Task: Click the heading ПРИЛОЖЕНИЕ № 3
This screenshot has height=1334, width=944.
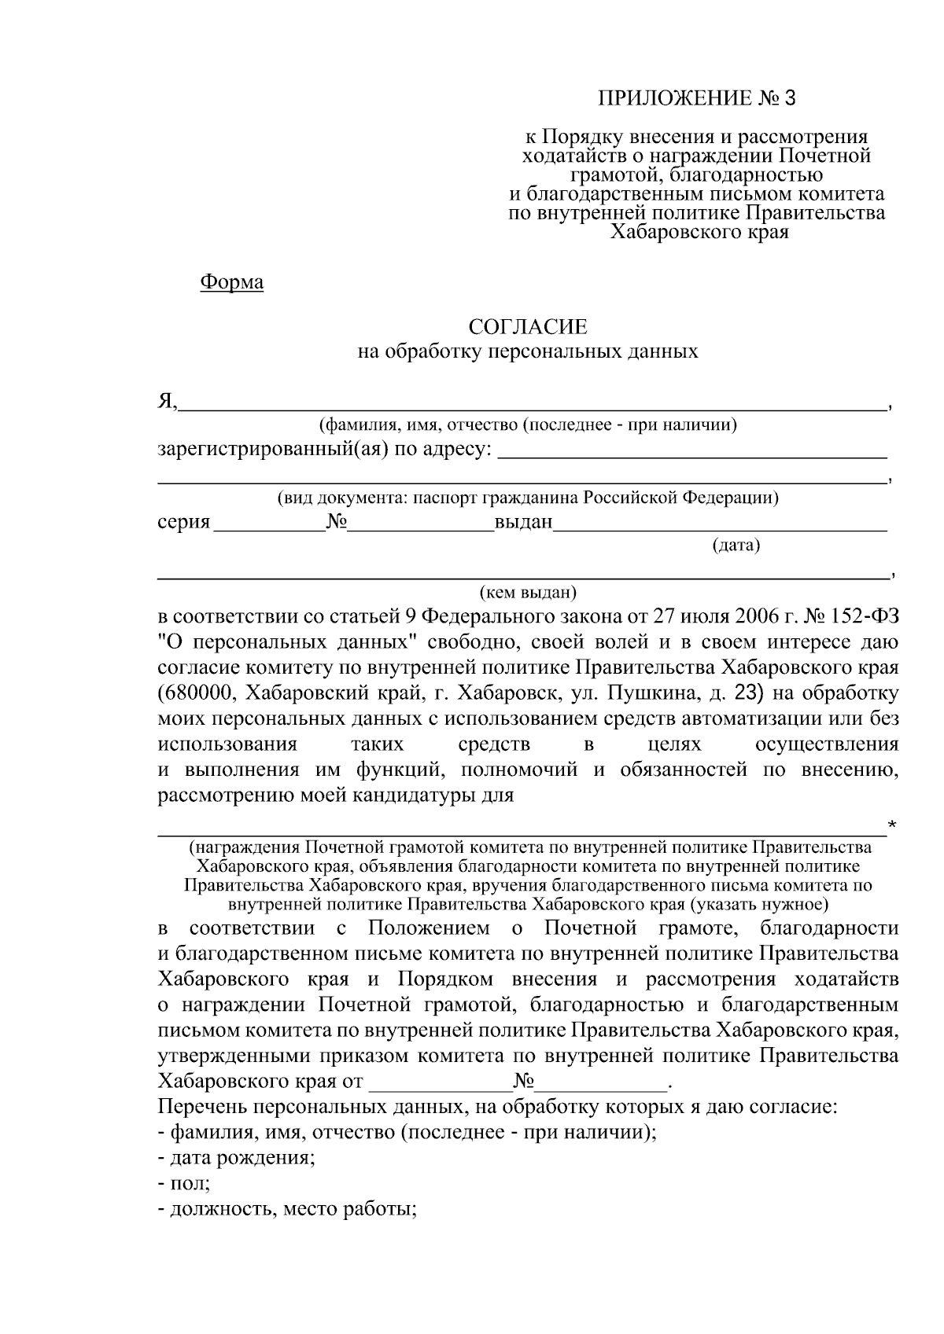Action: pos(697,98)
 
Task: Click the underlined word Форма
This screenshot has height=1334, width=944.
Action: pos(231,281)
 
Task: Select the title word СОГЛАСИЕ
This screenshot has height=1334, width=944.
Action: pos(527,326)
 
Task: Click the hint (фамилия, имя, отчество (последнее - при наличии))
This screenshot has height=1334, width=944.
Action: pos(527,425)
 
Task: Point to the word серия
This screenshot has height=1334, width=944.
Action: pos(184,522)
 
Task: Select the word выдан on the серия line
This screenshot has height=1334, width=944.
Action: pos(523,522)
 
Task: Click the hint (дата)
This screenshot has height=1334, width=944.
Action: pos(736,545)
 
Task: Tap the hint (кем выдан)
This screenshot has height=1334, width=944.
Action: pos(528,591)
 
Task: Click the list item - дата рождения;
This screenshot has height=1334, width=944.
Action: pos(237,1158)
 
